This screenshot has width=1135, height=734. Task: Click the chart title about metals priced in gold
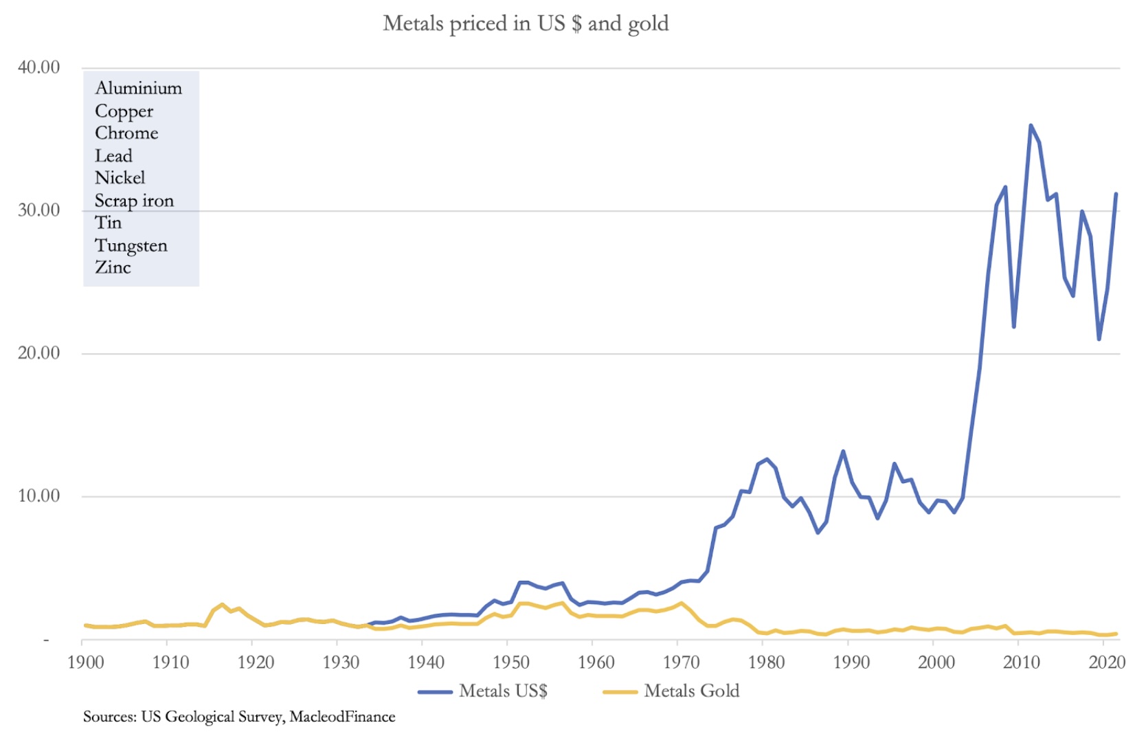(526, 23)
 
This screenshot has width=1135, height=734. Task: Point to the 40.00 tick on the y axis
(38, 67)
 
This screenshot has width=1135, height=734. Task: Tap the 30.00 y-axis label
(38, 210)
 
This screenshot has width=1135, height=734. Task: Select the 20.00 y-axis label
(38, 353)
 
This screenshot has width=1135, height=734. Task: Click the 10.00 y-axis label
(38, 496)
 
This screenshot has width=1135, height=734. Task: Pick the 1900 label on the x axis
(85, 663)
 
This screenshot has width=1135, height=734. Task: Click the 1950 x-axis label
(510, 663)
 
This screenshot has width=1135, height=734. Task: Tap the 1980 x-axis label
(766, 663)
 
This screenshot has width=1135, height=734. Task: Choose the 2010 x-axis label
(1021, 663)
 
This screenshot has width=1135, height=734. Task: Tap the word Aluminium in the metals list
(138, 89)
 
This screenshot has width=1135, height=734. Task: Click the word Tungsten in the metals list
(131, 246)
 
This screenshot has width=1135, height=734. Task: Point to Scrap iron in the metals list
(134, 201)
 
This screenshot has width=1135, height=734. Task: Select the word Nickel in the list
(120, 178)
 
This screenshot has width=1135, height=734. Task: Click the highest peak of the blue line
(1031, 126)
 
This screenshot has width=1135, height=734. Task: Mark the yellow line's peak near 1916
(222, 605)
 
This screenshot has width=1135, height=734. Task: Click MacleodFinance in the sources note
(342, 717)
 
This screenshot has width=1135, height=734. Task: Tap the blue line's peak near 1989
(843, 452)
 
